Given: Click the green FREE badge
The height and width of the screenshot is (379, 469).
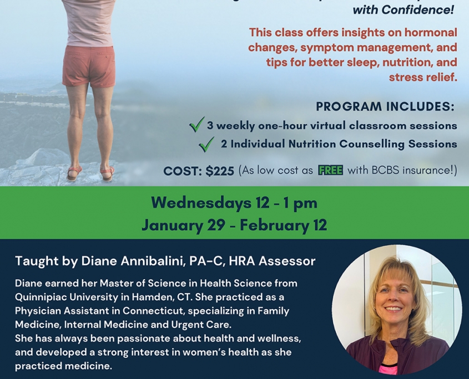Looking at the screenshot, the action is (x=330, y=170).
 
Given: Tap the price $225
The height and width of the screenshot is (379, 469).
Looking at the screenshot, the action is (x=220, y=171).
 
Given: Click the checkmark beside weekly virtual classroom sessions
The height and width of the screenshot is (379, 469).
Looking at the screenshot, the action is (x=197, y=124).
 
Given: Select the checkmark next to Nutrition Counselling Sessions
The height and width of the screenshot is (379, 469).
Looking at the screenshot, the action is (x=206, y=144).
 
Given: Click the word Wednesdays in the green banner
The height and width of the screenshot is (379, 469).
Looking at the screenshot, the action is (x=201, y=203).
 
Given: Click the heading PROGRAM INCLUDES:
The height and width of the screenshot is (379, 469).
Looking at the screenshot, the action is (x=385, y=106).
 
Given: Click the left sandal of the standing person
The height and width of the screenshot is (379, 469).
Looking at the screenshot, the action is (x=74, y=173).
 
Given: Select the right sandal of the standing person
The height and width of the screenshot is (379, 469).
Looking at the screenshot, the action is (x=107, y=174).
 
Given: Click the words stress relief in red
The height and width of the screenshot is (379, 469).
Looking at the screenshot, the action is (x=423, y=77).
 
